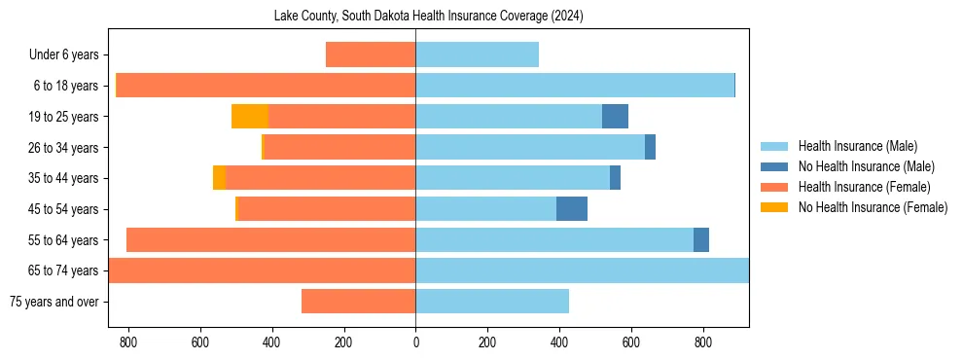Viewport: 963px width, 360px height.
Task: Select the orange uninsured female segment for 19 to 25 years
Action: pos(250,117)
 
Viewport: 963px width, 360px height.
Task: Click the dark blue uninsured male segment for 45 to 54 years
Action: pos(572,209)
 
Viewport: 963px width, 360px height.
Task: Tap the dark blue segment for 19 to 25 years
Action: pos(615,117)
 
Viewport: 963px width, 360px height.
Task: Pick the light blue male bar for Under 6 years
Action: pos(477,55)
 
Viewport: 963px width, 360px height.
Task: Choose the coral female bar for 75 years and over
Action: pos(358,302)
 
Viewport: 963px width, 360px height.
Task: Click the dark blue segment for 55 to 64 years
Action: pos(701,240)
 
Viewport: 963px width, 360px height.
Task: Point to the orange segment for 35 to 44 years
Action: pos(219,178)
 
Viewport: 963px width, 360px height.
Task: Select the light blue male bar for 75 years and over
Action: pos(492,302)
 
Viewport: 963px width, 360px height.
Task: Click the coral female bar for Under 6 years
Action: pos(371,55)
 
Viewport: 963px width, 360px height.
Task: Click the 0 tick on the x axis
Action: pos(415,342)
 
